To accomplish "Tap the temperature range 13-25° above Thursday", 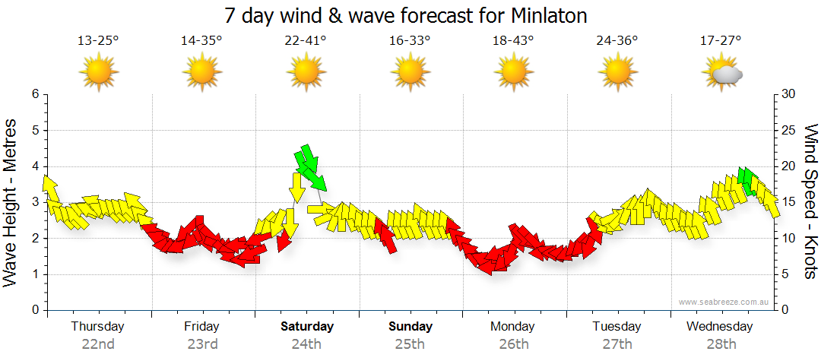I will point(98,41).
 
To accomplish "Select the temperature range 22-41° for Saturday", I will point(306,41).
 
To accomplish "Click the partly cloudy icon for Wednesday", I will point(722,73).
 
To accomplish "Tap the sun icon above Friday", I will point(202,73).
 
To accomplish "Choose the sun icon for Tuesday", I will point(617,73).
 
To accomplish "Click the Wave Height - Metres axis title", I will point(11,201).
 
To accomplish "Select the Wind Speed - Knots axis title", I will point(810,201).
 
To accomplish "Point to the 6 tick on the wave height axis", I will point(34,94).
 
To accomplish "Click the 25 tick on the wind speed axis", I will point(789,131).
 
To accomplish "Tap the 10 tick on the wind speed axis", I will point(789,239).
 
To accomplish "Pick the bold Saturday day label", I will point(306,327).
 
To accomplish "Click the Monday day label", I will point(513,327).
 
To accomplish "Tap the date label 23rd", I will point(202,344).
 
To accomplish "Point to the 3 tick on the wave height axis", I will point(34,202).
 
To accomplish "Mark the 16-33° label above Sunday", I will point(410,41).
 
